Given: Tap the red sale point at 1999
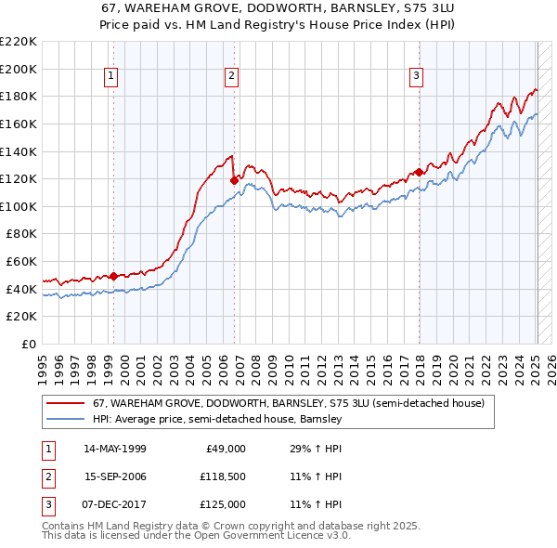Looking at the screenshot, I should click(x=113, y=276).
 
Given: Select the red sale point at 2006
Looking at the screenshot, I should click(x=234, y=180).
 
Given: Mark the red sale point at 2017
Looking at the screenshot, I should click(x=419, y=172).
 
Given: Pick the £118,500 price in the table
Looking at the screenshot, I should click(x=222, y=476).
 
